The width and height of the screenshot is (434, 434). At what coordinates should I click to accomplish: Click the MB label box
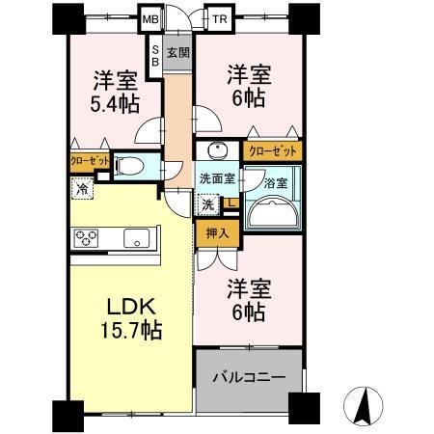coord(151,18)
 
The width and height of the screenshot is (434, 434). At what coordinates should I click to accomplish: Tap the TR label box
coord(221,18)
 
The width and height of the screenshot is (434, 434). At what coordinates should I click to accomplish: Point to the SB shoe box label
coord(154,54)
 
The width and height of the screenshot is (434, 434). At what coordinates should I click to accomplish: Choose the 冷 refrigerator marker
coord(84,189)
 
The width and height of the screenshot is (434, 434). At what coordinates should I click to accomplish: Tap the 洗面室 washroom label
coord(216,178)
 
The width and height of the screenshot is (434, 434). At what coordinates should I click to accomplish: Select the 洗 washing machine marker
coord(208,204)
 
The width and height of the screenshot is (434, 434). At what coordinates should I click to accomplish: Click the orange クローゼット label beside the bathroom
coord(273,150)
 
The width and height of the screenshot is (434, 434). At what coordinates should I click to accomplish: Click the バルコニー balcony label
coord(249,376)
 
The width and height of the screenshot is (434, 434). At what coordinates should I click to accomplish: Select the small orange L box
coord(232,203)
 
